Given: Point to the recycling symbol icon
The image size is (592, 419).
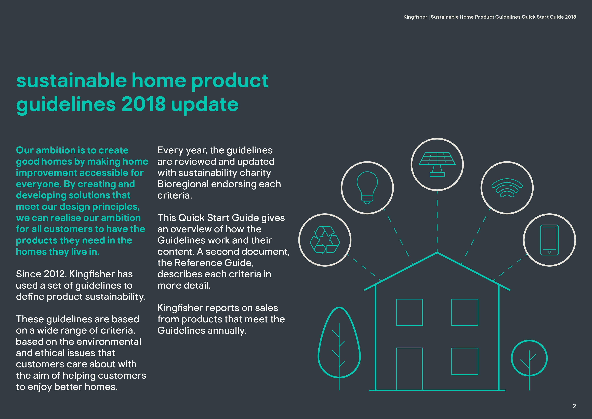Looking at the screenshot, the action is click(x=325, y=240).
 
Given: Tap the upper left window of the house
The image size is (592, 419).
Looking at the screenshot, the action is click(x=410, y=312).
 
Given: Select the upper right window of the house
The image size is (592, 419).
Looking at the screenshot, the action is click(x=465, y=312).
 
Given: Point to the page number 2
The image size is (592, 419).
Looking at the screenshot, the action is click(x=574, y=406).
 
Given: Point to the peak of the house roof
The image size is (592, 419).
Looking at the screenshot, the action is click(x=437, y=253).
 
